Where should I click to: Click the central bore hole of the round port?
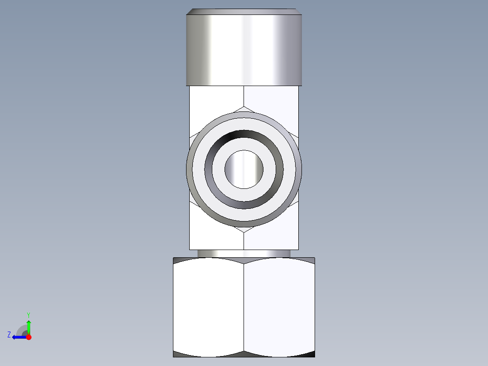pyautogui.click(x=244, y=169)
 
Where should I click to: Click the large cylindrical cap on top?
pyautogui.click(x=244, y=50)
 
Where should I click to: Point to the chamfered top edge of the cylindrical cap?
pyautogui.click(x=244, y=11)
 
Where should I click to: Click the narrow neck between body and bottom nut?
pyautogui.click(x=244, y=253)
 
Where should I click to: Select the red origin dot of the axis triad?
pyautogui.click(x=29, y=337)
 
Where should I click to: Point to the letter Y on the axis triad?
pyautogui.click(x=28, y=314)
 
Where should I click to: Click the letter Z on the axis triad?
pyautogui.click(x=9, y=335)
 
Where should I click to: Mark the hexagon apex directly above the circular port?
pyautogui.click(x=244, y=106)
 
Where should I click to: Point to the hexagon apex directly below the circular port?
pyautogui.click(x=244, y=232)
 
